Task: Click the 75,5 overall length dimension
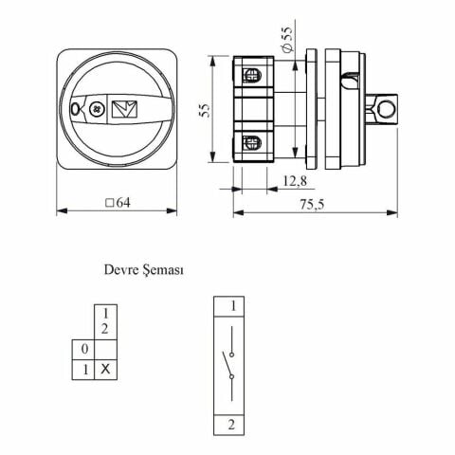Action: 312,205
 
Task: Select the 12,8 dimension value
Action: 295,181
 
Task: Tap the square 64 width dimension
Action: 118,203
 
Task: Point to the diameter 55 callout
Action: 287,39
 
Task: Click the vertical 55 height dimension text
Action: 206,110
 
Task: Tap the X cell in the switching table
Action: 106,369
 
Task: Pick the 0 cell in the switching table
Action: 83,350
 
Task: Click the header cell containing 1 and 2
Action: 106,322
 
